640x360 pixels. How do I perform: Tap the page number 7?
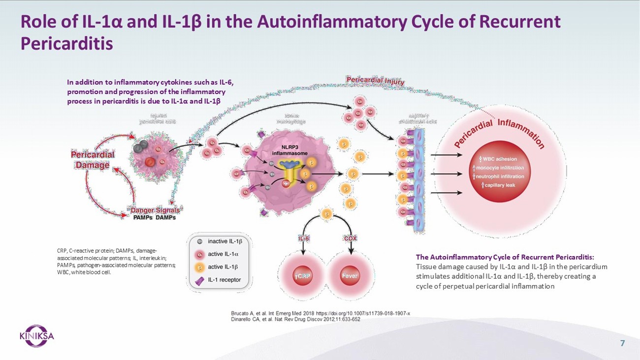pyautogui.click(x=622, y=343)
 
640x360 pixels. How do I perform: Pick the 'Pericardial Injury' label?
pyautogui.click(x=375, y=81)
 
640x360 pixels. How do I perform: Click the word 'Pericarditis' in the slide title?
pyautogui.click(x=67, y=43)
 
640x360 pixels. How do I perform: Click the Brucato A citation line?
pyautogui.click(x=320, y=313)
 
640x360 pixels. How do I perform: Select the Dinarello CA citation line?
pyautogui.click(x=295, y=319)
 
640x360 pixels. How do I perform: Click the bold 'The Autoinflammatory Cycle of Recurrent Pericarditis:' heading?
pyautogui.click(x=505, y=257)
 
